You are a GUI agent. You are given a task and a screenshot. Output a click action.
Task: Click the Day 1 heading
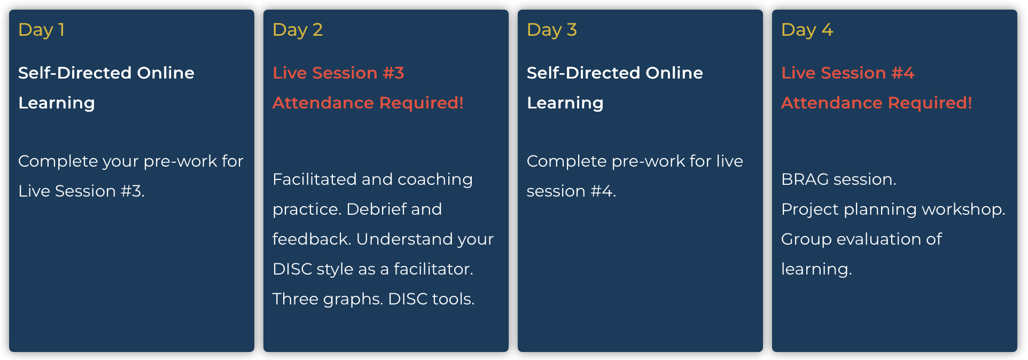(41, 30)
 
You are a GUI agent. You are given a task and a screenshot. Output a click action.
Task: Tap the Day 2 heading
(297, 30)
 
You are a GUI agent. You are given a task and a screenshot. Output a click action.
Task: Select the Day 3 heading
(551, 30)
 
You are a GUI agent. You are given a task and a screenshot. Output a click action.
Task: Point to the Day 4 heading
(807, 30)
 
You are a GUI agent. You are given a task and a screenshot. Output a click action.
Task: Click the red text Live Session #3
(338, 73)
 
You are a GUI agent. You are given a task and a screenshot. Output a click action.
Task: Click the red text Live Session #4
(847, 73)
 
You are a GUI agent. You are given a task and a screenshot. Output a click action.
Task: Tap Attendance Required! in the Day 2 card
(368, 103)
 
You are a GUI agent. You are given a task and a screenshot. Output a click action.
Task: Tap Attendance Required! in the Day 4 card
(876, 103)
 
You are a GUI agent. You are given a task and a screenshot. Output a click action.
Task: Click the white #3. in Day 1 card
(133, 191)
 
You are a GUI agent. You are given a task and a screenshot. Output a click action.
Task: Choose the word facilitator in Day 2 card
(433, 269)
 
